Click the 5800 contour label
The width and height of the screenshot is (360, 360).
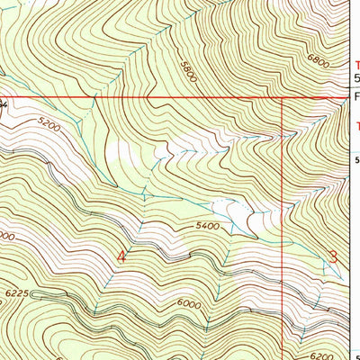pos(187,73)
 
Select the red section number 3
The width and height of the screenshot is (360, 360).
pos(333,256)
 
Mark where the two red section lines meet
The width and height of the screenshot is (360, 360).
pos(283,97)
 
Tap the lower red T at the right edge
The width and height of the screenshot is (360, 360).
pos(355,126)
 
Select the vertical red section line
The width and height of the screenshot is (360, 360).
pos(283,225)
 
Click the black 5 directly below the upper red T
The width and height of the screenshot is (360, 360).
pos(355,79)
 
